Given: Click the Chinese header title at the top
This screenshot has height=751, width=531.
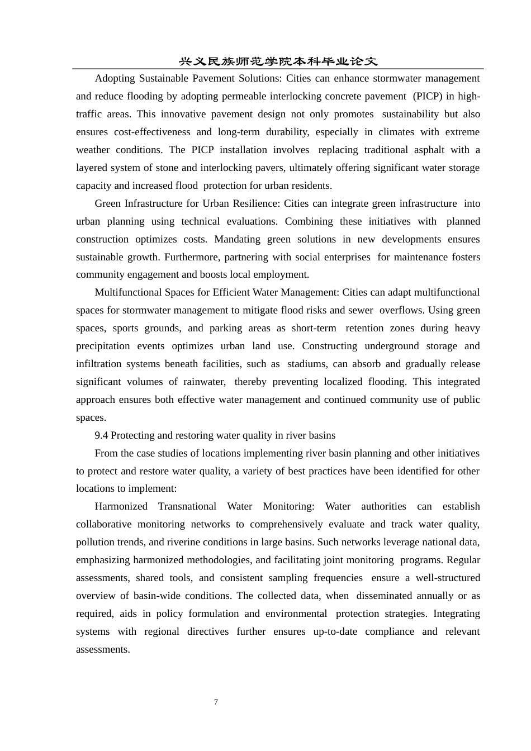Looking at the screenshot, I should (278, 61).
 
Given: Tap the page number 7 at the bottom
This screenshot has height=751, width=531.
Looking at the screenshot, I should (216, 702).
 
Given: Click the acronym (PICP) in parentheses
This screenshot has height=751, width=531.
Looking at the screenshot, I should (428, 96).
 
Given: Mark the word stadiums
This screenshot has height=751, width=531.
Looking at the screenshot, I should (306, 364).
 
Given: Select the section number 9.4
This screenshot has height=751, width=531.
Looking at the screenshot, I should (101, 435).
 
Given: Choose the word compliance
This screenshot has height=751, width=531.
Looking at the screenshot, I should (390, 631).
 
